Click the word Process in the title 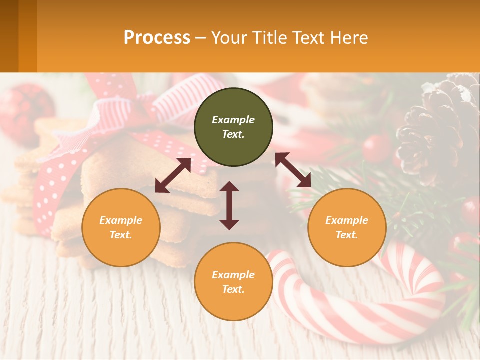(157, 38)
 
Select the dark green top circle (233, 127)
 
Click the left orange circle (121, 227)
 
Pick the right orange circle (347, 227)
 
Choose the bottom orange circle (233, 281)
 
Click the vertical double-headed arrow (229, 205)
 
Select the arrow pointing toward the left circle (173, 175)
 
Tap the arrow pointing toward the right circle (293, 170)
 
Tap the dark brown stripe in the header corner (9, 36)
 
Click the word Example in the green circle (233, 120)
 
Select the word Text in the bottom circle (233, 289)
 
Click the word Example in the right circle (347, 220)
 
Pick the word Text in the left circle (121, 235)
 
